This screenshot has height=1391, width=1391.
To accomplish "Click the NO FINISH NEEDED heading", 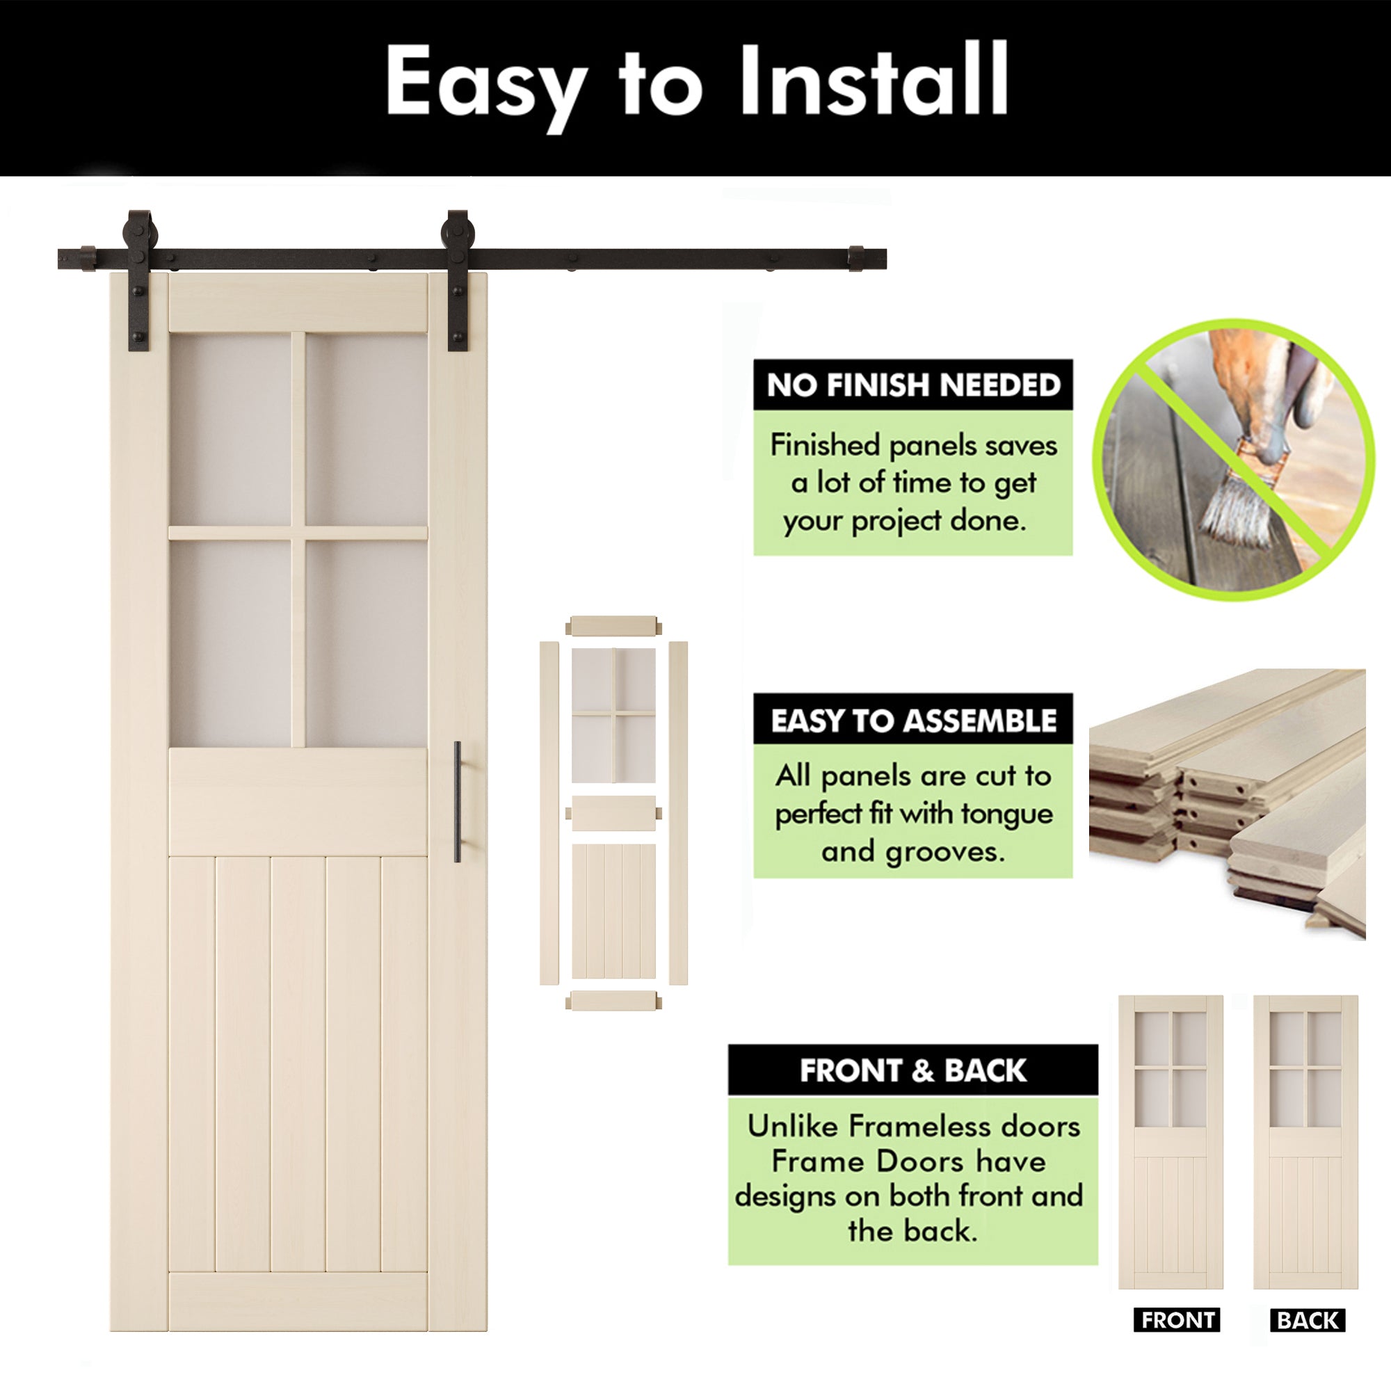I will (x=913, y=385).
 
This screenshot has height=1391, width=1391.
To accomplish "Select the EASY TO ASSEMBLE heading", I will (x=913, y=721).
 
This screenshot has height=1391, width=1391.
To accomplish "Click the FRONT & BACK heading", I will (x=913, y=1070).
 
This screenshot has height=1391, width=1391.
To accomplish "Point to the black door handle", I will (x=457, y=801).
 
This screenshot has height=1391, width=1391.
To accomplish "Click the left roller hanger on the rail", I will (x=138, y=281).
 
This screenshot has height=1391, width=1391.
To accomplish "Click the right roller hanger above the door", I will (x=457, y=281).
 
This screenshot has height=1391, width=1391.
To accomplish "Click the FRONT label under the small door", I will (x=1177, y=1321).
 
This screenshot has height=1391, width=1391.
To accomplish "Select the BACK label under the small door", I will (x=1308, y=1321).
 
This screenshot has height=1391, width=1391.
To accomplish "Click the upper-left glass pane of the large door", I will (x=230, y=429).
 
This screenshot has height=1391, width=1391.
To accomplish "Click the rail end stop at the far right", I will (x=856, y=259).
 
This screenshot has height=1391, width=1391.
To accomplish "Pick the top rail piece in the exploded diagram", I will (x=613, y=625).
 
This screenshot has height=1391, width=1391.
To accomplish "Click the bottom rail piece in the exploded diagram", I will (x=613, y=1000).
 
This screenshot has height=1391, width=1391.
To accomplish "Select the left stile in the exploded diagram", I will (x=549, y=812).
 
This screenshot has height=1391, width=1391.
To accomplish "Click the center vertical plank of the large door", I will (x=298, y=1064).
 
